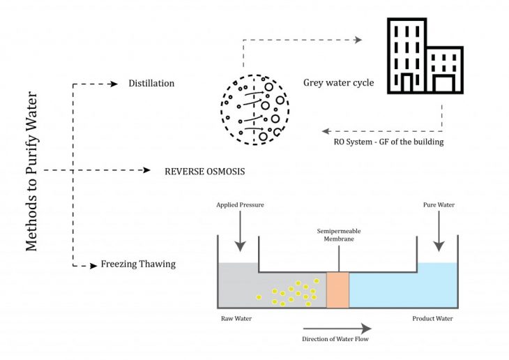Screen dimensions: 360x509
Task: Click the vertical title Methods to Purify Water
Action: [32, 170]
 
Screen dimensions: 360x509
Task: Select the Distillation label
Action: [151, 84]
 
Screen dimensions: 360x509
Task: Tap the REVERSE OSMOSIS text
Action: [205, 170]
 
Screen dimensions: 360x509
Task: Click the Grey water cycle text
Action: [339, 83]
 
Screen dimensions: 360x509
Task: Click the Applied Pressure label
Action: [241, 207]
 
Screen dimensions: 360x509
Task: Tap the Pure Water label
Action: [439, 207]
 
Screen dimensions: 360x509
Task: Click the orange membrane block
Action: [337, 289]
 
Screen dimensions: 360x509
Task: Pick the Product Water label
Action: [432, 319]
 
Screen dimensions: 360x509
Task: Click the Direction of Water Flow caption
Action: [336, 339]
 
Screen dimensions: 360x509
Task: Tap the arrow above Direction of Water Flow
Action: [336, 327]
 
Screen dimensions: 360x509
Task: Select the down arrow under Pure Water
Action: [439, 232]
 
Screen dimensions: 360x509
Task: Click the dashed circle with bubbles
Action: [255, 110]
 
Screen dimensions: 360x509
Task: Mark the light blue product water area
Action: [403, 286]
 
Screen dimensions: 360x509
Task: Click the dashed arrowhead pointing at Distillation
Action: [114, 84]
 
